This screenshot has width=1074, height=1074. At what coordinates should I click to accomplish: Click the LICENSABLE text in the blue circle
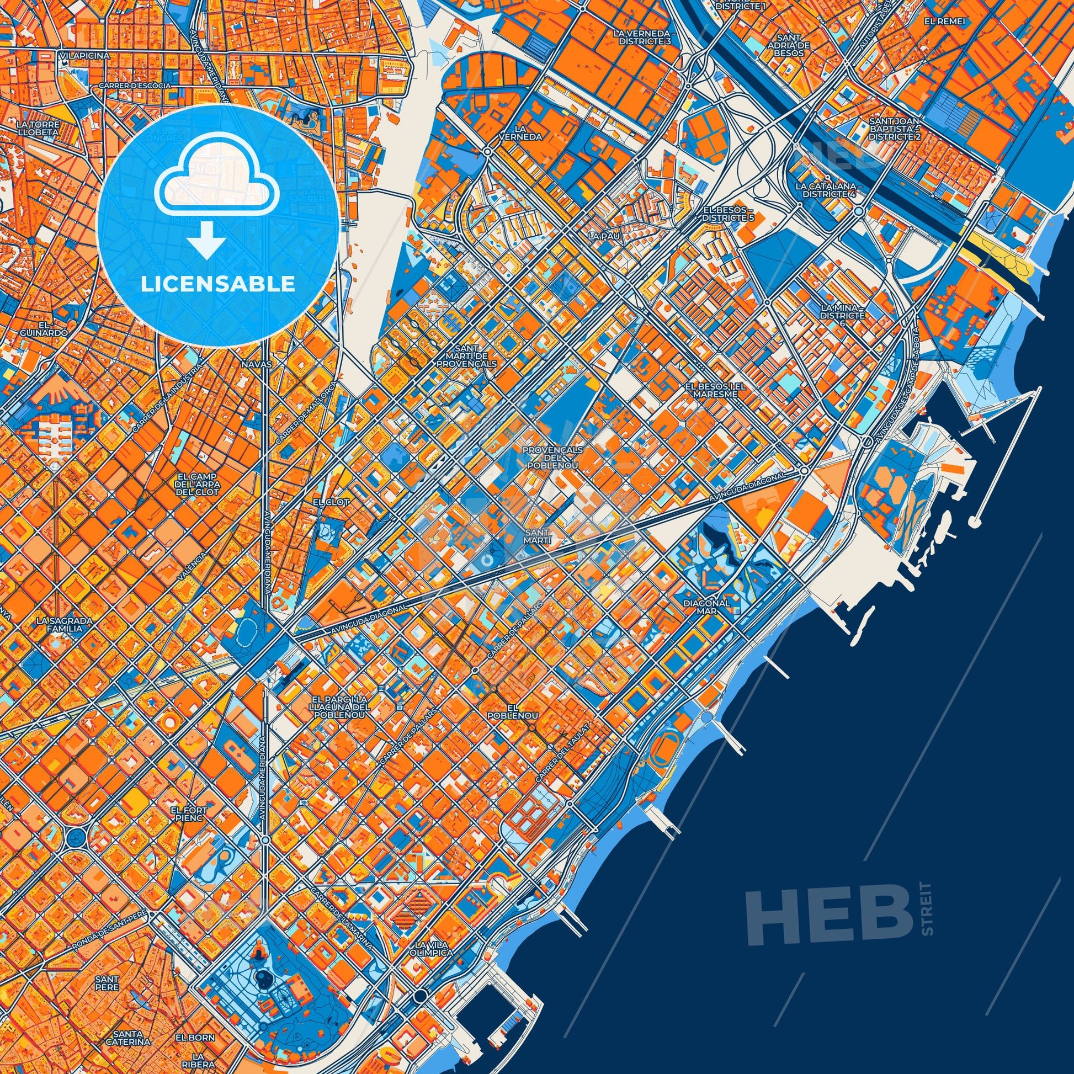coord(217,284)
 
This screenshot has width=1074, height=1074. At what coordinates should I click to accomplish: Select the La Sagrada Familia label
coord(60,624)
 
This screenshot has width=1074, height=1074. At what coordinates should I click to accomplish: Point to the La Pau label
coord(603,236)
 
